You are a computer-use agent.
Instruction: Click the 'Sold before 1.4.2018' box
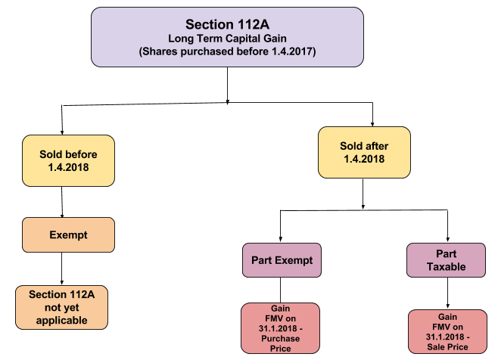point(68,161)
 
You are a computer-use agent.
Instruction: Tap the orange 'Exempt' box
point(68,234)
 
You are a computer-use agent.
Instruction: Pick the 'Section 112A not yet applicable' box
point(61,307)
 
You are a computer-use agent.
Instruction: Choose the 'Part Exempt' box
point(282,261)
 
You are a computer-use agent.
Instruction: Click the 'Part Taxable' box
point(446,261)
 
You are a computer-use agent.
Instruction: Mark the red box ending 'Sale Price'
point(445,331)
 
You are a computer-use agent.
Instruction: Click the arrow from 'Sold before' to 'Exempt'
point(61,202)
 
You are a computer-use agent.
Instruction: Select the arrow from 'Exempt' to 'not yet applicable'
point(61,267)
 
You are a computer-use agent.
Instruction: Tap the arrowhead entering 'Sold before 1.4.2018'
point(61,132)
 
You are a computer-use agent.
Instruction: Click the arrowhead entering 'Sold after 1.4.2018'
point(373,122)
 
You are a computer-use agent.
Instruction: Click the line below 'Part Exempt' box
point(282,290)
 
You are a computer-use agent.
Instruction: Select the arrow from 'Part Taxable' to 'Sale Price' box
point(447,293)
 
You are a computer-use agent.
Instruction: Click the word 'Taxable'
point(446,268)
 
